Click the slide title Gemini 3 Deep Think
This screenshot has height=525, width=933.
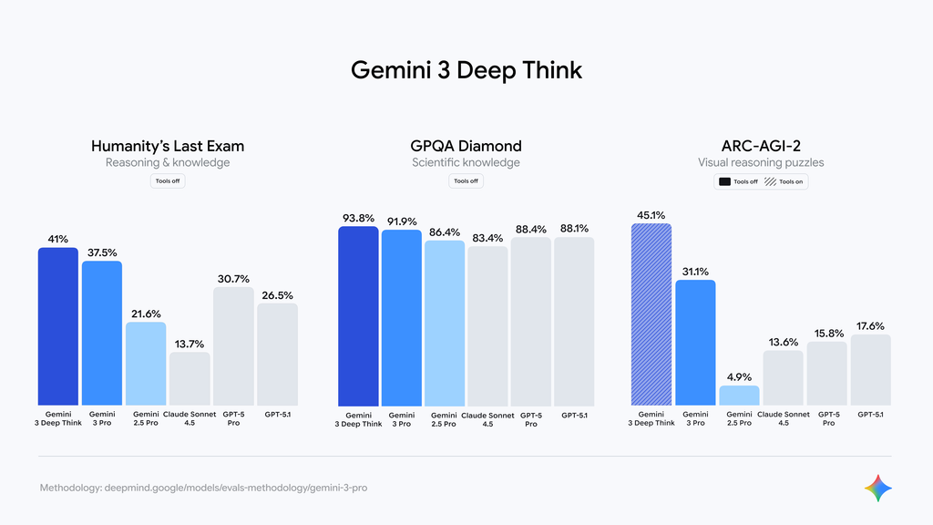[x=466, y=70]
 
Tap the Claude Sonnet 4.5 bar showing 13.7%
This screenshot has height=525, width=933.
[x=190, y=378]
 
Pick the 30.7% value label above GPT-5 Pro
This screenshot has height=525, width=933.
[x=233, y=279]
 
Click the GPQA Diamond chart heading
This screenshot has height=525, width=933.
[x=466, y=146]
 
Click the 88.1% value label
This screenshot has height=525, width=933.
[x=574, y=229]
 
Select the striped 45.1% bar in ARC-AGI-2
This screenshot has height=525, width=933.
[x=651, y=314]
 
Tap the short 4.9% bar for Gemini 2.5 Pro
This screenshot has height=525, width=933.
[x=739, y=396]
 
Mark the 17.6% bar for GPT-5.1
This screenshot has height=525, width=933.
[x=870, y=369]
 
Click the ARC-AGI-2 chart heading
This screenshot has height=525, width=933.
[x=760, y=146]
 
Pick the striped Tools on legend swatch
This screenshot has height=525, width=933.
[x=770, y=181]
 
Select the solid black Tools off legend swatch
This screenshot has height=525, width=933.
[x=725, y=181]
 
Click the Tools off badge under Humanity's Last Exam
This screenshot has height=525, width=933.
[x=168, y=181]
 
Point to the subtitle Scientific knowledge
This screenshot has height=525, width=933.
[x=466, y=163]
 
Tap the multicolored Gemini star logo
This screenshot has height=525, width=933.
[x=877, y=488]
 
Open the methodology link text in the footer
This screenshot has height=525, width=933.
[x=203, y=489]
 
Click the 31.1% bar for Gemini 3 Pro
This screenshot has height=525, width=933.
[x=695, y=342]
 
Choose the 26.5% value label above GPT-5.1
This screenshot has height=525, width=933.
[x=277, y=295]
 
